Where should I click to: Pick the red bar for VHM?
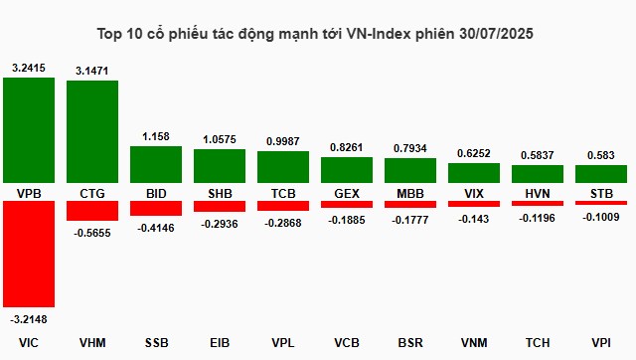click(91, 211)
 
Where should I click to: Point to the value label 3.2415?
click(28, 68)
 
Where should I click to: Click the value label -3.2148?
click(28, 319)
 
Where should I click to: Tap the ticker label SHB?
click(219, 191)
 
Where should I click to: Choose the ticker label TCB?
click(282, 191)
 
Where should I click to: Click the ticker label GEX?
click(346, 191)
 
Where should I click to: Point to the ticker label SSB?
click(155, 343)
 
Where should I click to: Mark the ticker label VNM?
click(473, 343)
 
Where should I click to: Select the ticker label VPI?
click(600, 343)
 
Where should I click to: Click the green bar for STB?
click(600, 173)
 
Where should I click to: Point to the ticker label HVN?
click(537, 191)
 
